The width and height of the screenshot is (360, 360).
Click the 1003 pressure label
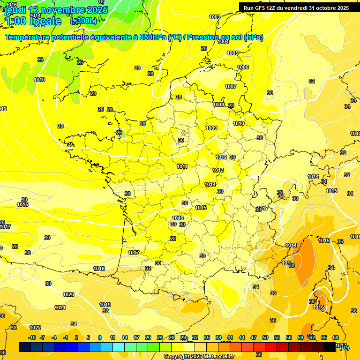215,17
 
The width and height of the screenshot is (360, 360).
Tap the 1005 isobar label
232,53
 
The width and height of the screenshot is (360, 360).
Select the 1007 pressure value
231,86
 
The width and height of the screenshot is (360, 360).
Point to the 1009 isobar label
211,128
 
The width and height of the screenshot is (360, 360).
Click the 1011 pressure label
182,166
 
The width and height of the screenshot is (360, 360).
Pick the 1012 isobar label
222,157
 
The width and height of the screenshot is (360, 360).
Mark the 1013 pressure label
218,170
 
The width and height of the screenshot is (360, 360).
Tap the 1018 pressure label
99,269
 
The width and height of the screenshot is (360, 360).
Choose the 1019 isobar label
105,305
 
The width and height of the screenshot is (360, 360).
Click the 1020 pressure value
68,294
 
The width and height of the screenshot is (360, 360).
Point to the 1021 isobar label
60,307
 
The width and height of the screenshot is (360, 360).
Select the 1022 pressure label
35,328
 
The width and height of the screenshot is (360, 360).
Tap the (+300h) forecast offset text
83,21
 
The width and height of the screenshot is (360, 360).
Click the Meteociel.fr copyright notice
199,356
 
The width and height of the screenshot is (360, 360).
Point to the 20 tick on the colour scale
148,337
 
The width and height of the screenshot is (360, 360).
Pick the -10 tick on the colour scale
32,337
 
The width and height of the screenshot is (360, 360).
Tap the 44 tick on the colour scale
242,337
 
